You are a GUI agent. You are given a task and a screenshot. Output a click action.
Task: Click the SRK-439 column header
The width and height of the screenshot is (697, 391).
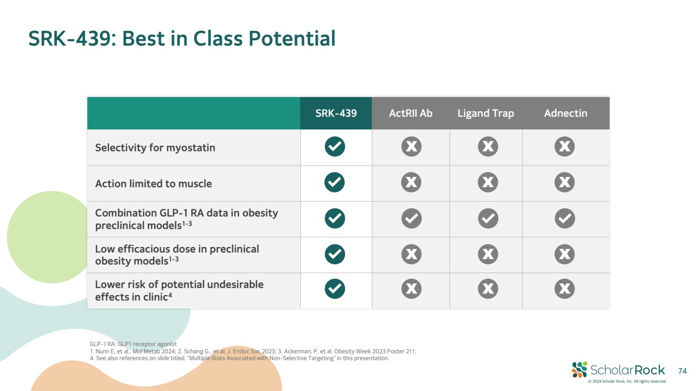(x=336, y=113)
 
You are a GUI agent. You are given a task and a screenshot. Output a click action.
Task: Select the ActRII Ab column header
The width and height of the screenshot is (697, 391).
(x=410, y=113)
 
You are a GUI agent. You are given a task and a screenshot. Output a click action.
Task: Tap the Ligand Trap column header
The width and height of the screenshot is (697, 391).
(x=485, y=114)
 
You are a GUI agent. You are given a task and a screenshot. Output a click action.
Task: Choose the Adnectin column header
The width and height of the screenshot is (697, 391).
(x=566, y=113)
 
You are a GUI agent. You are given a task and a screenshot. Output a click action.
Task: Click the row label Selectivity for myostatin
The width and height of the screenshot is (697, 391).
(x=155, y=148)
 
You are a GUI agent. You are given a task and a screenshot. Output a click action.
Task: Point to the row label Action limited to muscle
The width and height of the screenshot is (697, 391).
(x=153, y=184)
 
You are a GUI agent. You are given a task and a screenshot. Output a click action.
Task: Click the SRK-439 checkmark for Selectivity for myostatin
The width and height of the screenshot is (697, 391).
(x=335, y=146)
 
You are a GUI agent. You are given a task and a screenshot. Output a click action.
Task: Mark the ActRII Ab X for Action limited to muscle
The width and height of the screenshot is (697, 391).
(x=411, y=182)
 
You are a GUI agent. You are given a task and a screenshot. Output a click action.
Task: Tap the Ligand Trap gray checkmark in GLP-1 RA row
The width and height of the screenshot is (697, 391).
(x=488, y=218)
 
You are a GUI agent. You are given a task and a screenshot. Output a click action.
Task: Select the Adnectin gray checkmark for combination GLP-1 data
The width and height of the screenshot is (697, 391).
(x=564, y=218)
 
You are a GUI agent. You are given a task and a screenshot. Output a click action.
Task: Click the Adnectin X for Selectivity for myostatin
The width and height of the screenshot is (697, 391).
(x=564, y=146)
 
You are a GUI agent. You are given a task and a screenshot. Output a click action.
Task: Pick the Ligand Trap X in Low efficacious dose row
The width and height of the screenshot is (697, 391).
(x=488, y=254)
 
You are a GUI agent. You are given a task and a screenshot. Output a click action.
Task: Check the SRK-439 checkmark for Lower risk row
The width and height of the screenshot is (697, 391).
(x=335, y=289)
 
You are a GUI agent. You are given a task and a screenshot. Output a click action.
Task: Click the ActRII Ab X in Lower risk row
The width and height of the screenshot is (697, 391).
(x=412, y=289)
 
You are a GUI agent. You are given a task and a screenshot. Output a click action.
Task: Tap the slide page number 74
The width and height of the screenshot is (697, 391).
(x=682, y=371)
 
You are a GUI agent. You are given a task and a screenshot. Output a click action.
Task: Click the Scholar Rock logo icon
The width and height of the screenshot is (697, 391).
(x=579, y=370)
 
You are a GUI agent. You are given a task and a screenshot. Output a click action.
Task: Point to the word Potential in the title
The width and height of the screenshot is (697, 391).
(x=292, y=39)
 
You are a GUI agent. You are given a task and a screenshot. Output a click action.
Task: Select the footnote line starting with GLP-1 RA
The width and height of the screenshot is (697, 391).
(x=133, y=344)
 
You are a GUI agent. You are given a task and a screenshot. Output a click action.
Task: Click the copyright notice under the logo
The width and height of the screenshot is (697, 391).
(x=627, y=382)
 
